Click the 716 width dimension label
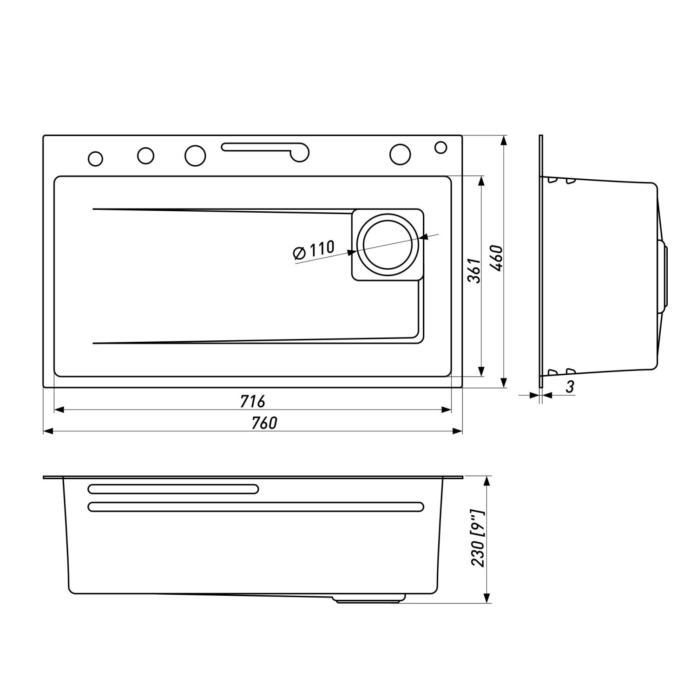[x=252, y=401]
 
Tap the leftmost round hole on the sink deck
[x=95, y=158]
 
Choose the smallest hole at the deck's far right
[x=441, y=147]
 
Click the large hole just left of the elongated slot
[x=195, y=155]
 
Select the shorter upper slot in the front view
[x=173, y=489]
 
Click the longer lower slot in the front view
[x=256, y=507]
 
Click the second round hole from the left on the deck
[x=145, y=156]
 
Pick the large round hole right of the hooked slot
[x=401, y=154]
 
